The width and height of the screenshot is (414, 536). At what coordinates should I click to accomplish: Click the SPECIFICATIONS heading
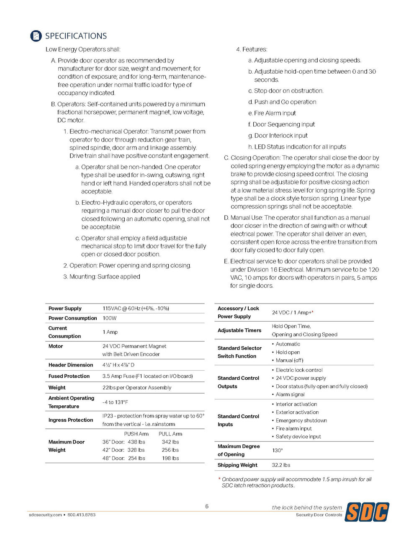(x=76, y=36)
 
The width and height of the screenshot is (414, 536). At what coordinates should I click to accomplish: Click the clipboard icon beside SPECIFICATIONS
(x=36, y=36)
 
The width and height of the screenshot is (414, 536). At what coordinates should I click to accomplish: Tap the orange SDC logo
(x=367, y=511)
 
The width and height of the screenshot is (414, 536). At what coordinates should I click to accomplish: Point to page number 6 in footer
(x=207, y=506)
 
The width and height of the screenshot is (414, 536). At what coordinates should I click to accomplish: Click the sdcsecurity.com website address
(x=45, y=515)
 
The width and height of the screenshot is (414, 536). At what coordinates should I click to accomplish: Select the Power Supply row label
(x=65, y=309)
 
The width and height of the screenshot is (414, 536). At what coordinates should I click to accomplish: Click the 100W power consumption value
(x=110, y=318)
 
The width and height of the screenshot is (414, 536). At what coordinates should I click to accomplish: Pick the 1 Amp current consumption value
(x=110, y=332)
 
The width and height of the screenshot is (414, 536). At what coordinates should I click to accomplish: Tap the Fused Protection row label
(x=69, y=376)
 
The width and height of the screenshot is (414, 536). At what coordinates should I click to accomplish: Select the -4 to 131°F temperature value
(x=115, y=402)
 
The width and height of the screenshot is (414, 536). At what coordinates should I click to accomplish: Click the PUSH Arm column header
(x=136, y=434)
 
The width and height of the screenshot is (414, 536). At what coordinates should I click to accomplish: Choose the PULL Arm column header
(x=170, y=434)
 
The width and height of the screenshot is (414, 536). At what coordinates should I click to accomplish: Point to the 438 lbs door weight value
(x=136, y=442)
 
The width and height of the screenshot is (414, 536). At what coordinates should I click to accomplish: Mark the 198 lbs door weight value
(x=170, y=459)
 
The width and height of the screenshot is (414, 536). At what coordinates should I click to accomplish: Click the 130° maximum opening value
(x=277, y=451)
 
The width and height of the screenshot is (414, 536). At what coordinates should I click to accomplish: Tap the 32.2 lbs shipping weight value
(x=281, y=465)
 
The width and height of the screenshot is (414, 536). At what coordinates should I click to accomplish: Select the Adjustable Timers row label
(x=239, y=330)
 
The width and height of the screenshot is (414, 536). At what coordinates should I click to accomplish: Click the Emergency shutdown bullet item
(x=301, y=420)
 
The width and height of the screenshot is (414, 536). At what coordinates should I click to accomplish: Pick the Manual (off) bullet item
(x=289, y=361)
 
